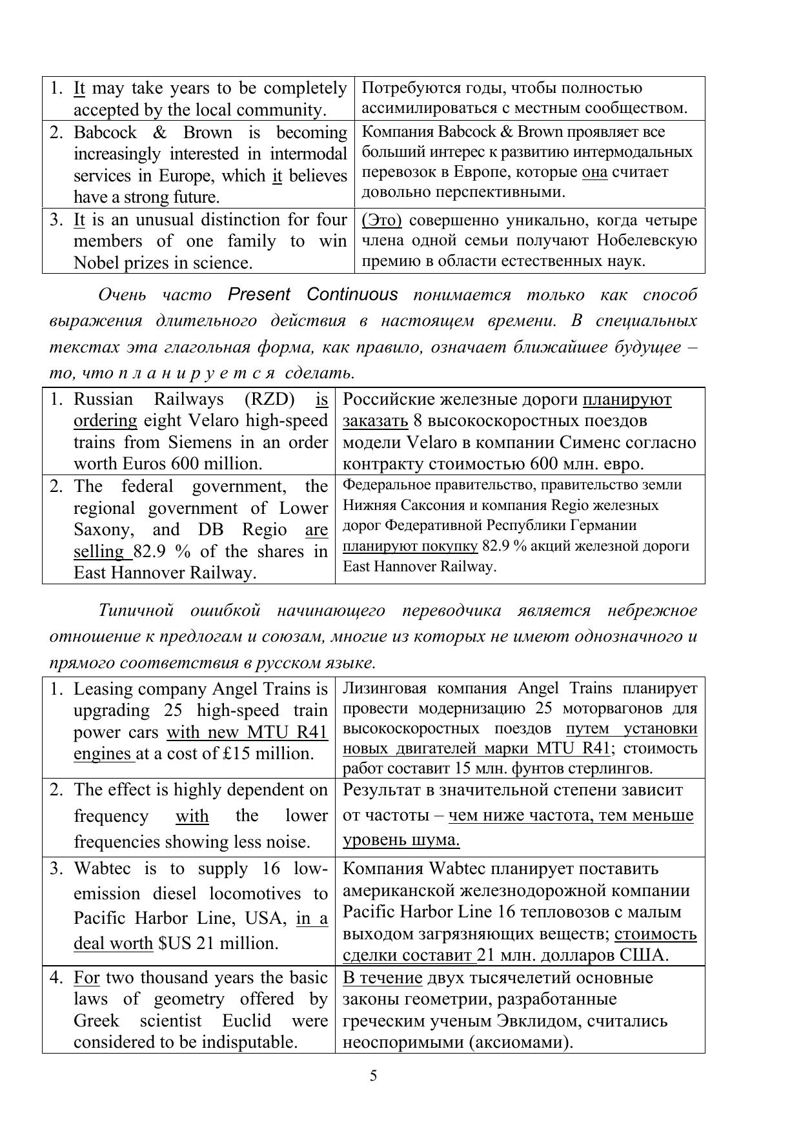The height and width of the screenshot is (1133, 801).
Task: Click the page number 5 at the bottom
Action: [x=373, y=1076]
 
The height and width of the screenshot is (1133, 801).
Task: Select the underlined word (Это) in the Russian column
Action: [x=381, y=220]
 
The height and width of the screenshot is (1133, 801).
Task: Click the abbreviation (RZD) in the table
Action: [x=270, y=399]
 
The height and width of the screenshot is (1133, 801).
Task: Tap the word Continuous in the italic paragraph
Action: [x=352, y=294]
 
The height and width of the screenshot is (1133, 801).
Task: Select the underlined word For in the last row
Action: [x=86, y=977]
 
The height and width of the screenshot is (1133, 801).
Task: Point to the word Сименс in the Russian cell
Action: [x=574, y=442]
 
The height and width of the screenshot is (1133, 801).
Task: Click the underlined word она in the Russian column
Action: [x=594, y=172]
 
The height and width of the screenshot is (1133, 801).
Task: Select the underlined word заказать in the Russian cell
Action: [x=374, y=421]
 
